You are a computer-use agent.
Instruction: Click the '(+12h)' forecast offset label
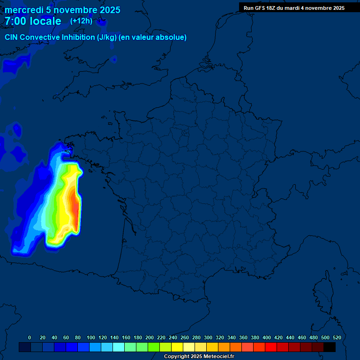81,21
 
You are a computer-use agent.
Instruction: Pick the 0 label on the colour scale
30,337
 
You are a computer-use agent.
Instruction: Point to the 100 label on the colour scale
91,337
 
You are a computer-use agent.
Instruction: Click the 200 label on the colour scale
150,337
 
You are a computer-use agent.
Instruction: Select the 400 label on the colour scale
267,337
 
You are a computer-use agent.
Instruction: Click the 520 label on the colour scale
337,337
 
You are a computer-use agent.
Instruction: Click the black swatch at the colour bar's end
330,347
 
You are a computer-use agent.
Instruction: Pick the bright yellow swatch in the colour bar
177,347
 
